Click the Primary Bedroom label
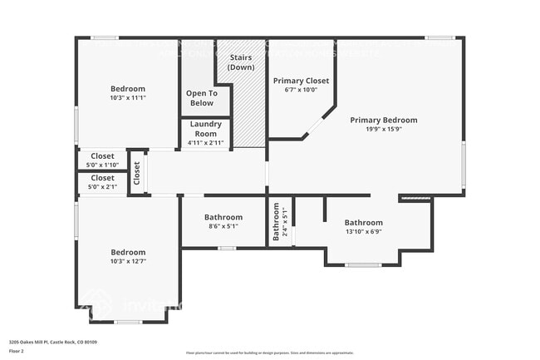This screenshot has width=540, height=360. [x=383, y=120]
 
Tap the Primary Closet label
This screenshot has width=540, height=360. [x=301, y=81]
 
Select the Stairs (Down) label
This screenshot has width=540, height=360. [x=241, y=62]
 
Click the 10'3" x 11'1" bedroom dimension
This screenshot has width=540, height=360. [x=128, y=98]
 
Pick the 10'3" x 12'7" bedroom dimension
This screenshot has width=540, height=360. [x=128, y=262]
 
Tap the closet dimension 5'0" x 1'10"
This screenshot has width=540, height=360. [x=102, y=165]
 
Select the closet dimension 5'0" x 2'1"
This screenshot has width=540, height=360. [x=102, y=187]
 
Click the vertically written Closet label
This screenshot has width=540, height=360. [x=137, y=173]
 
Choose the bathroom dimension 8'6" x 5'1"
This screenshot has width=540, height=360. [x=223, y=226]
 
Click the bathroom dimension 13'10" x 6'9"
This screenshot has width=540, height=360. [x=364, y=232]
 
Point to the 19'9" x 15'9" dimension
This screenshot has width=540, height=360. [x=383, y=129]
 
